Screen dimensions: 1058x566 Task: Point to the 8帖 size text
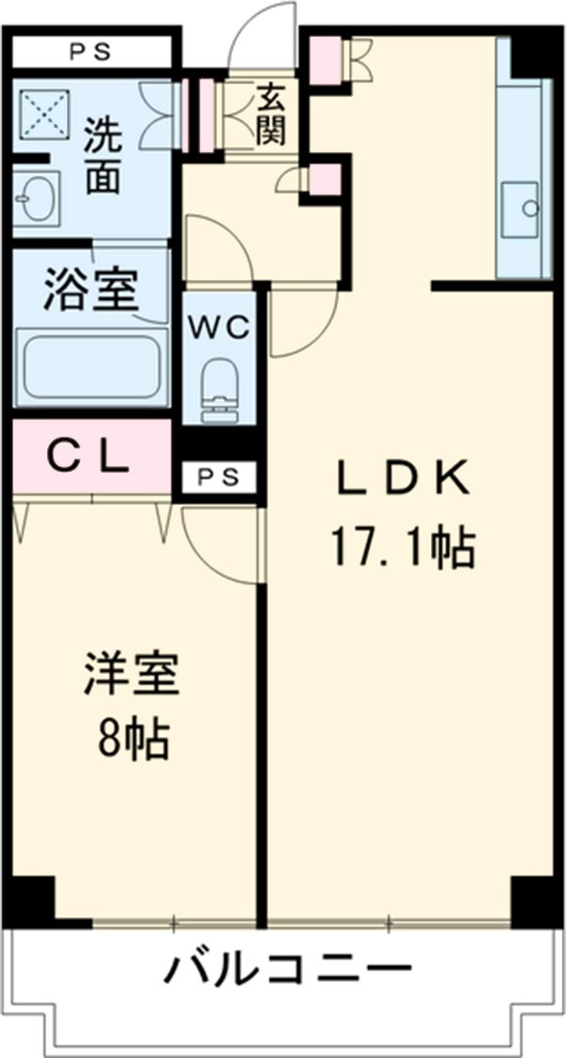coord(132,741)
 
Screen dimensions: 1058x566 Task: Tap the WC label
coord(222,327)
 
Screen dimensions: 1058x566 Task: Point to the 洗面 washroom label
coord(101,156)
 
